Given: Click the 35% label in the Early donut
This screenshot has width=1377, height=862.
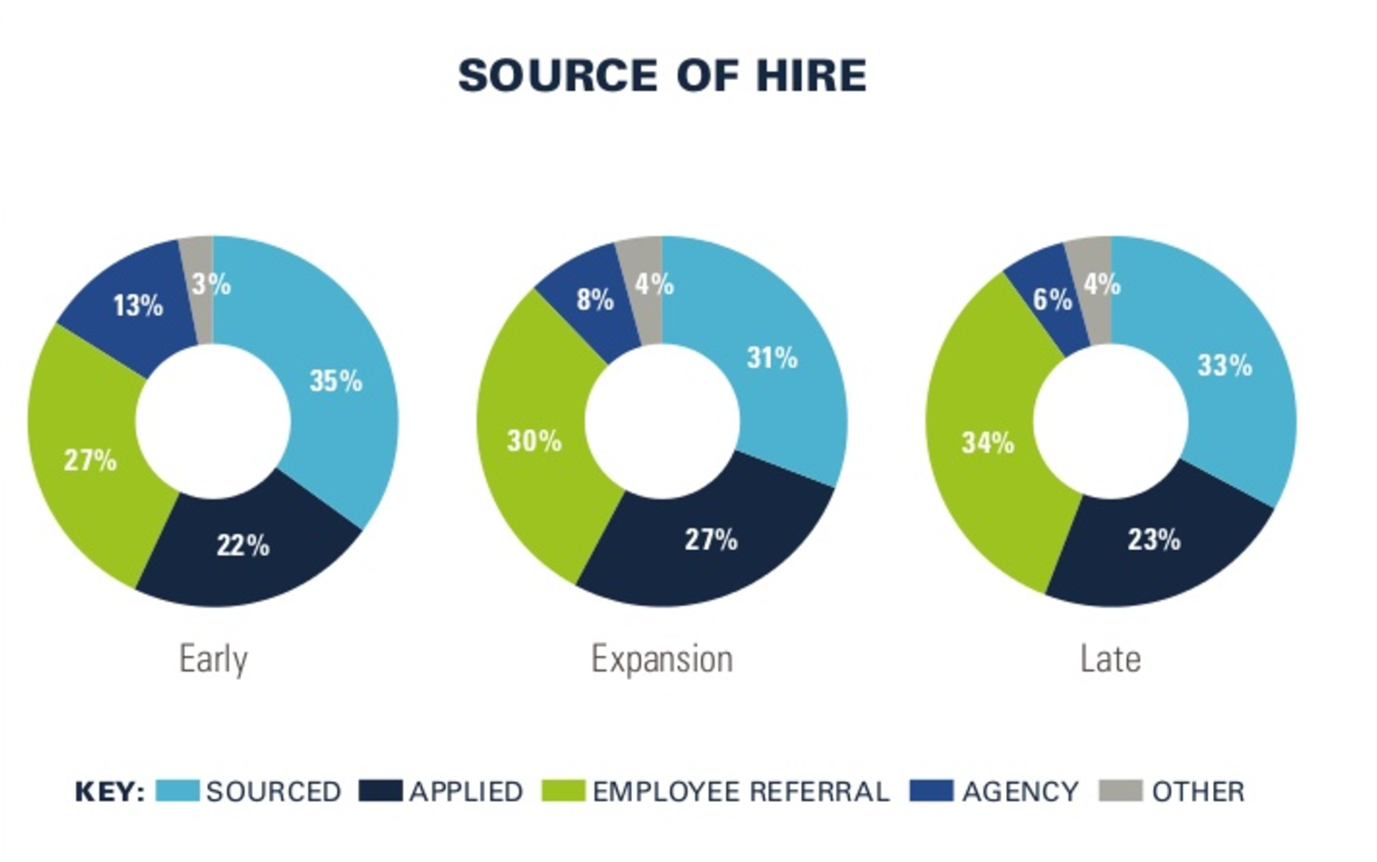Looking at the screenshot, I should click(x=335, y=381).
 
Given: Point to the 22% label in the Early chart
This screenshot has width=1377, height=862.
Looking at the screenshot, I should click(x=243, y=545).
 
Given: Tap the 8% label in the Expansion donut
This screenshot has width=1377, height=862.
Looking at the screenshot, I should click(x=595, y=300).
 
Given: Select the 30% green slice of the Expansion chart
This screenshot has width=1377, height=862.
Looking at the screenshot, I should click(x=534, y=441).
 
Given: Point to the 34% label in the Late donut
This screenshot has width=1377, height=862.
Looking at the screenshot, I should click(x=987, y=443).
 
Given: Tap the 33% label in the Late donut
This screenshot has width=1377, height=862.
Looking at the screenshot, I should click(x=1224, y=366).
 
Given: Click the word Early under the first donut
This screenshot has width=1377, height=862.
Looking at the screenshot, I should click(x=213, y=660).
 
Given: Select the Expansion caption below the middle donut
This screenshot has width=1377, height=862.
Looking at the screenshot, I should click(x=662, y=660).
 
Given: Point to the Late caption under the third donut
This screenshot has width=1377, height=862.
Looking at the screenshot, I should click(x=1110, y=660).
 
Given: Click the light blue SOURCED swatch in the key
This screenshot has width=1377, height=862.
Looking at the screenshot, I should click(x=177, y=790).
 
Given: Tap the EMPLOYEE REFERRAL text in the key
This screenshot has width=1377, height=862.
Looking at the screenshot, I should click(x=741, y=791).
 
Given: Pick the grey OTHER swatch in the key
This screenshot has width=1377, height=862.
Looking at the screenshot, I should click(x=1120, y=790).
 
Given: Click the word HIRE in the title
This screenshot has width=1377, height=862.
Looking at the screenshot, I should click(x=810, y=75).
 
